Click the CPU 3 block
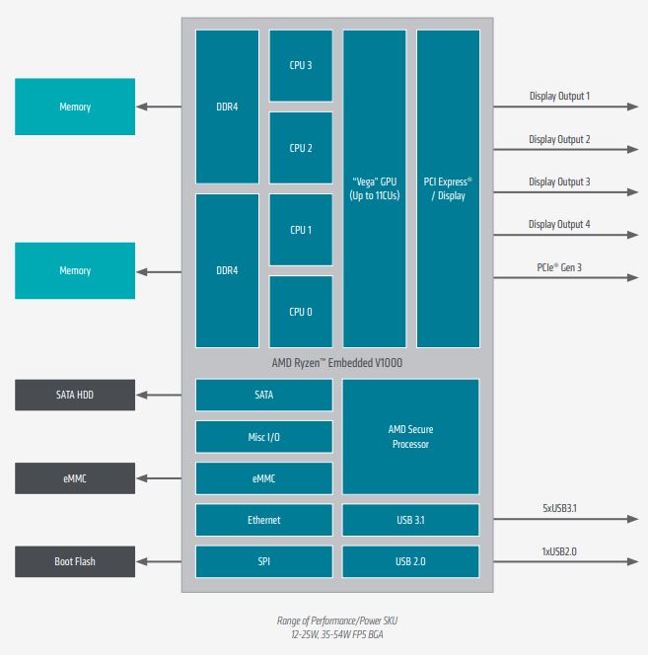point(301,65)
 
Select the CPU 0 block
point(301,312)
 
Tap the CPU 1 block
point(301,230)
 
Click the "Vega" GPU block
point(375,188)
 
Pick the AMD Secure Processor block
point(410,437)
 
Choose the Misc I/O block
point(264,437)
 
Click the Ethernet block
point(264,520)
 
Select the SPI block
point(264,561)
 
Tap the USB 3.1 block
point(410,520)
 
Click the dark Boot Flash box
point(75,561)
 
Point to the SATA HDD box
point(75,395)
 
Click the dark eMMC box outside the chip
point(75,478)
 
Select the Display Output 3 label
point(559,182)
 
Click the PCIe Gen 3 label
point(559,267)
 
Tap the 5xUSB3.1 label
point(559,508)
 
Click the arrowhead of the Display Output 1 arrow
point(633,107)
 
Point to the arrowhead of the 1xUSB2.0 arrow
point(633,561)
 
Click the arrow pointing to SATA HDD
point(159,395)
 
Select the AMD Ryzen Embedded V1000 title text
point(337,363)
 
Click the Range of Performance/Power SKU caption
point(337,620)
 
